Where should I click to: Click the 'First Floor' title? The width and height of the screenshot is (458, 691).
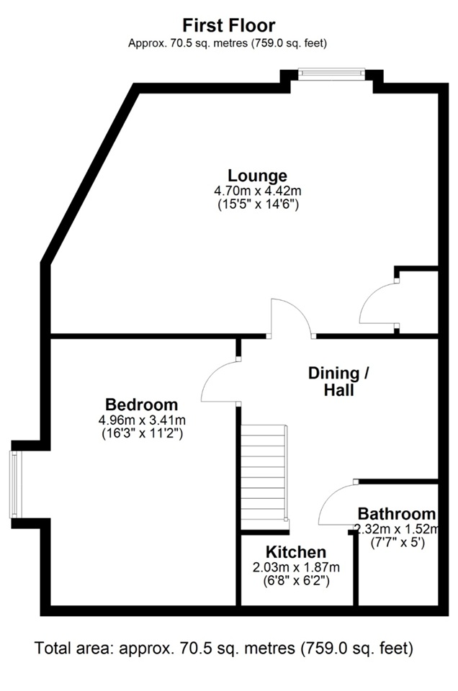click(229, 25)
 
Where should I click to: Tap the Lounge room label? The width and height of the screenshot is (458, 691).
click(257, 176)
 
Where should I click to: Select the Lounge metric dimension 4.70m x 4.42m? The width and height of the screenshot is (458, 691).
click(257, 191)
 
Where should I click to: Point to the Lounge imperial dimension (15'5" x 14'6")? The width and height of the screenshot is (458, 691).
click(259, 204)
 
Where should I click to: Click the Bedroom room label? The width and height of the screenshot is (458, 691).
click(141, 404)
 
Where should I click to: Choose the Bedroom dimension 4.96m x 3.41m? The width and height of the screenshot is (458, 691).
click(142, 420)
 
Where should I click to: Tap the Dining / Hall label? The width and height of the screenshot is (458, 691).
click(338, 381)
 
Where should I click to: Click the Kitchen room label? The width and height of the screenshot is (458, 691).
click(296, 552)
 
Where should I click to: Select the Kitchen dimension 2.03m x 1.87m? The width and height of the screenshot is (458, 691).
click(296, 567)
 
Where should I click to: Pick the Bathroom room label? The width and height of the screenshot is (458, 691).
click(397, 514)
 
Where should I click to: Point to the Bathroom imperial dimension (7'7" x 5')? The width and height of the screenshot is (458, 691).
click(398, 542)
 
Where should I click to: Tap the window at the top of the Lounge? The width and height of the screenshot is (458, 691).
click(331, 73)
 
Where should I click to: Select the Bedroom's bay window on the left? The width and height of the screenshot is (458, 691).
click(15, 484)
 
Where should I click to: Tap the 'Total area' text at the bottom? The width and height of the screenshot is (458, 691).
click(223, 649)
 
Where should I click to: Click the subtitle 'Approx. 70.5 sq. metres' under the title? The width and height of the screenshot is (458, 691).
click(228, 44)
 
